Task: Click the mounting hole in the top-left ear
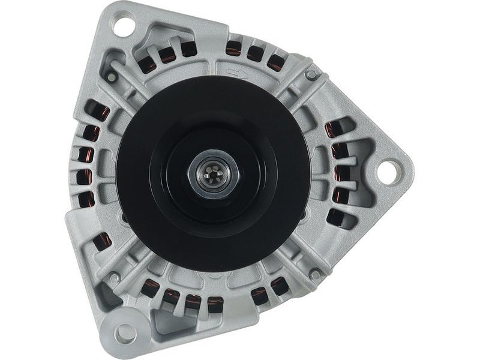pyautogui.click(x=124, y=26)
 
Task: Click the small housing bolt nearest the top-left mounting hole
pyautogui.click(x=111, y=77)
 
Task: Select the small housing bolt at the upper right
pyautogui.click(x=311, y=74)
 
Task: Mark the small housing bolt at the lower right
pyautogui.click(x=315, y=274)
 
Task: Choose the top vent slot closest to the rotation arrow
pyautogui.click(x=233, y=49)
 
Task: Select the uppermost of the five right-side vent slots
pyautogui.click(x=334, y=128)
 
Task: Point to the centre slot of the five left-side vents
pyautogui.click(x=85, y=176)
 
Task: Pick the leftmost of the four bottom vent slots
pyautogui.click(x=149, y=289)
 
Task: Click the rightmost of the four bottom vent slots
pyautogui.click(x=215, y=305)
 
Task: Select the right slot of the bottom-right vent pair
pyautogui.click(x=279, y=286)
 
